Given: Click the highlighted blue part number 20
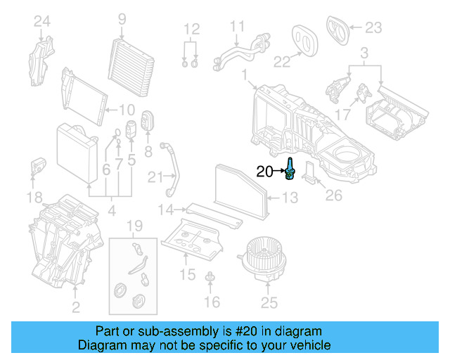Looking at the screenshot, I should [x=289, y=169].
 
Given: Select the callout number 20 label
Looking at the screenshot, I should [x=264, y=171].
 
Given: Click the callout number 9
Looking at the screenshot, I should [x=122, y=18].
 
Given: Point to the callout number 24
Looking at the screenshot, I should [x=42, y=22].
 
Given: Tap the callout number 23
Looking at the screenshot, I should [x=373, y=28].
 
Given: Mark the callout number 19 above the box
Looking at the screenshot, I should [x=133, y=226].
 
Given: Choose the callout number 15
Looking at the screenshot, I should [x=187, y=274].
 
